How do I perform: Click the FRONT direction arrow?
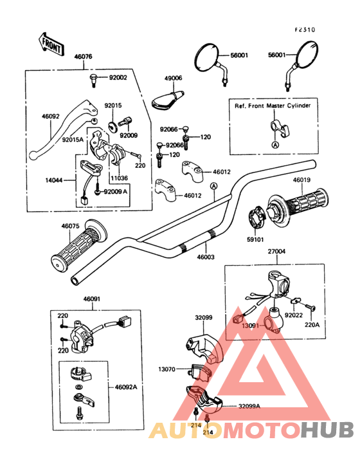(51, 44)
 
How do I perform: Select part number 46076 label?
(83, 57)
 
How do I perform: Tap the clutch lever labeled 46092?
(64, 129)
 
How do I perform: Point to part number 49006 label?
(173, 78)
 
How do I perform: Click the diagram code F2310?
(305, 30)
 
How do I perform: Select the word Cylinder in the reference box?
(299, 106)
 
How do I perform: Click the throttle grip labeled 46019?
(298, 206)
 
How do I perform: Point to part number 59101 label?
(255, 240)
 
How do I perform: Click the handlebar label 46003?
(206, 257)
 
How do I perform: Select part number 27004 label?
(276, 252)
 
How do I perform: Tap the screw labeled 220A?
(310, 308)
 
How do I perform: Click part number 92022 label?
(294, 315)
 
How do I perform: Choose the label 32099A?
(249, 406)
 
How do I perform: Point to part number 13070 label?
(166, 369)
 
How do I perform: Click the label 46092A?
(126, 387)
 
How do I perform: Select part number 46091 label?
(92, 299)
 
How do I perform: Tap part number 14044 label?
(54, 181)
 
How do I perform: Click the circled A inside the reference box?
(275, 145)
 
